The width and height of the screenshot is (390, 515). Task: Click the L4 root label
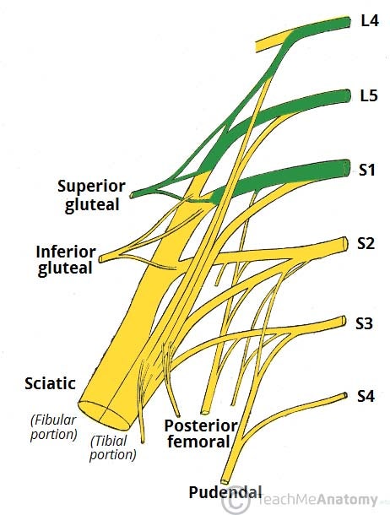370,21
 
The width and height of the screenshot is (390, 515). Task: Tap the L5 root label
369,96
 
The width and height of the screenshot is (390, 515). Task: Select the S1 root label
366,170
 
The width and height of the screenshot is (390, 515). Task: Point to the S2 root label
366,243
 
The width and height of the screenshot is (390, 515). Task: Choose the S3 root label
365,323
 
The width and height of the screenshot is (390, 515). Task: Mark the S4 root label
366,397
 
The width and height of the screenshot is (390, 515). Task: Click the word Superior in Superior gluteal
91,187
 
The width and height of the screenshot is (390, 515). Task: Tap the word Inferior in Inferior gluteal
66,252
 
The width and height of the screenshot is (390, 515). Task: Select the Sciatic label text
51,383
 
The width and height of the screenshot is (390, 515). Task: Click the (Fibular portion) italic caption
53,427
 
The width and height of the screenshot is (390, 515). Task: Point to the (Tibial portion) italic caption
112,447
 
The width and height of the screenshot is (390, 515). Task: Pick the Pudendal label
225,492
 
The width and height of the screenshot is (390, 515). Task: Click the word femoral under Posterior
198,442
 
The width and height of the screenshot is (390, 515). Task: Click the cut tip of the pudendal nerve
225,481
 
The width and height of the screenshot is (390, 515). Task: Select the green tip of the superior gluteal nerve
133,195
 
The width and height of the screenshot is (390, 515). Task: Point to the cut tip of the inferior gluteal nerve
101,258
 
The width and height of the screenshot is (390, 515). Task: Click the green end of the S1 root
346,168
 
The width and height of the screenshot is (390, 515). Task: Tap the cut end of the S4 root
345,395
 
